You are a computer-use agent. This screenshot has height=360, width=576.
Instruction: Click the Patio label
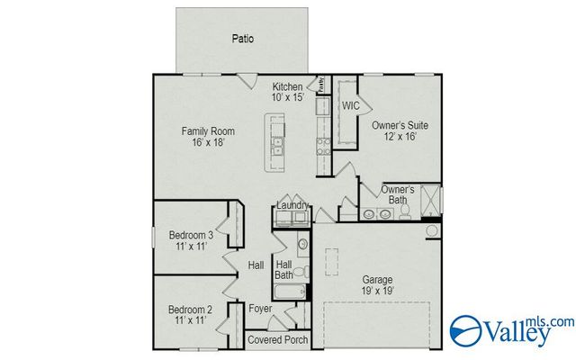click(x=242, y=39)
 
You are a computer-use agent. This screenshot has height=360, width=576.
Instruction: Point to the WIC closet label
click(x=350, y=105)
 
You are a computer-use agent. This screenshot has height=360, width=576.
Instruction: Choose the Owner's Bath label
click(x=397, y=195)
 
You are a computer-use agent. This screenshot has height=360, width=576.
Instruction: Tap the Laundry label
click(x=292, y=206)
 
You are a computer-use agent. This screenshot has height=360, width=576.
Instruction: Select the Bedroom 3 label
click(x=190, y=241)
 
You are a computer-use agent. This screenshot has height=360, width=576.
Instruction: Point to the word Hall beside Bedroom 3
click(x=256, y=265)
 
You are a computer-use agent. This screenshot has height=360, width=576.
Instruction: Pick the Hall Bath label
click(x=283, y=269)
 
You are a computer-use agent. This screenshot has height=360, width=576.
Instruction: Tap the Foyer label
click(x=260, y=309)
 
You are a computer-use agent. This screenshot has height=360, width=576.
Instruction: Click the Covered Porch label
click(x=278, y=340)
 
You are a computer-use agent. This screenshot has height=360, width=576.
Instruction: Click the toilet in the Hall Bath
click(x=303, y=272)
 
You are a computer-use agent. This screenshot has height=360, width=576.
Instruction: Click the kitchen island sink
click(x=279, y=142)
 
